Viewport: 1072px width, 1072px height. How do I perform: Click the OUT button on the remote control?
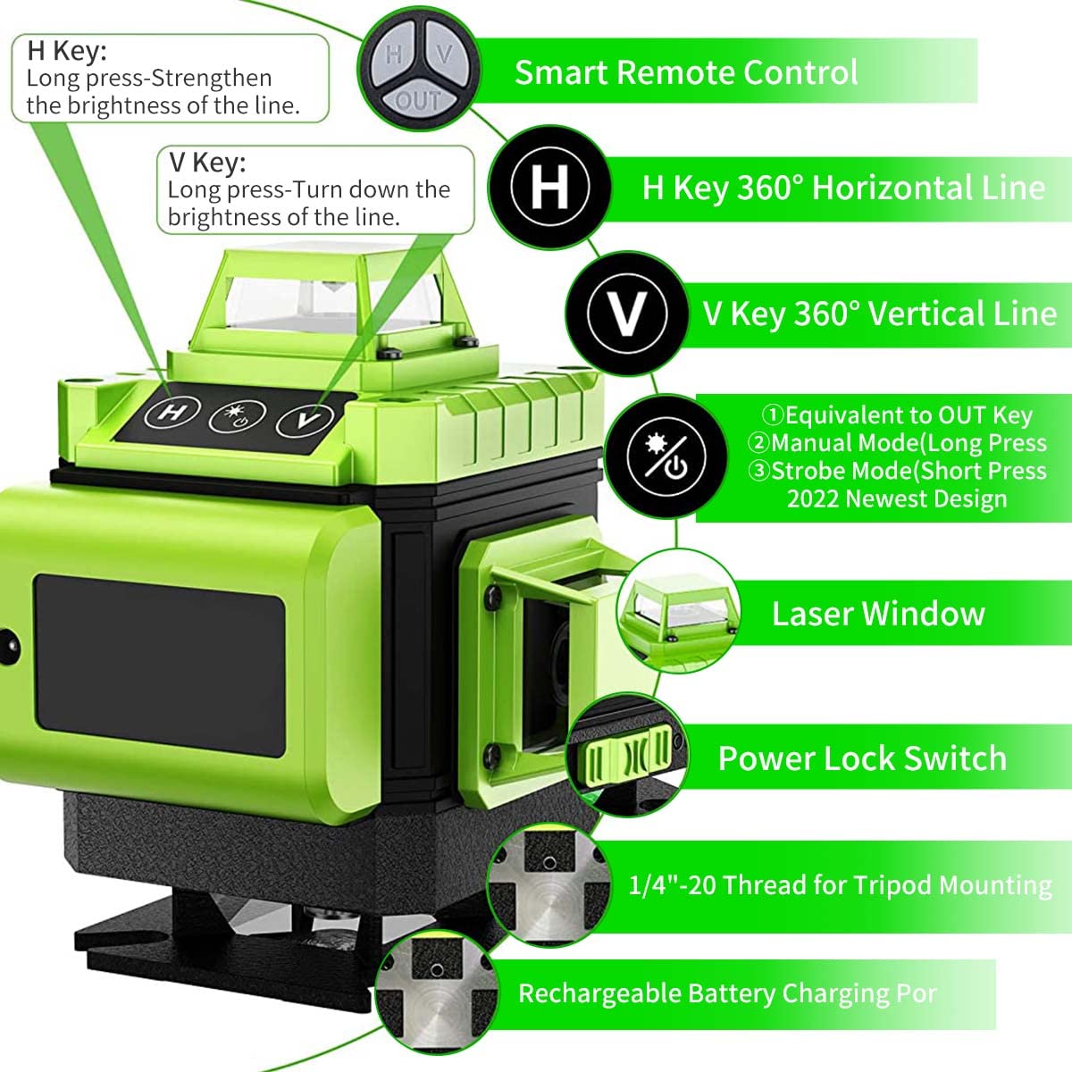click(418, 100)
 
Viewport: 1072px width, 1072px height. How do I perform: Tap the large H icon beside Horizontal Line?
click(549, 187)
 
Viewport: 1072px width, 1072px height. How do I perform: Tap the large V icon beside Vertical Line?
click(626, 314)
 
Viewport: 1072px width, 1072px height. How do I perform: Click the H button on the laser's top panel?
click(170, 413)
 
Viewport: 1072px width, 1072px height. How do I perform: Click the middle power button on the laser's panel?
click(239, 415)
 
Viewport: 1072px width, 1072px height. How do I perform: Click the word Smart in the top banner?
click(560, 72)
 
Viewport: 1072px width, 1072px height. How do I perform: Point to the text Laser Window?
click(878, 614)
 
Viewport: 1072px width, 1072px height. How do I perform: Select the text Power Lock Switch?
click(862, 758)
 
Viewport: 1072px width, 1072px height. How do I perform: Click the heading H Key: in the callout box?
click(67, 51)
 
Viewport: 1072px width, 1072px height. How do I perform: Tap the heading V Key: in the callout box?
click(206, 163)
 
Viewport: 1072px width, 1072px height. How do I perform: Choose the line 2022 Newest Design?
click(896, 498)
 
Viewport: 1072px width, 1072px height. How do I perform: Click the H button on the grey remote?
click(393, 55)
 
